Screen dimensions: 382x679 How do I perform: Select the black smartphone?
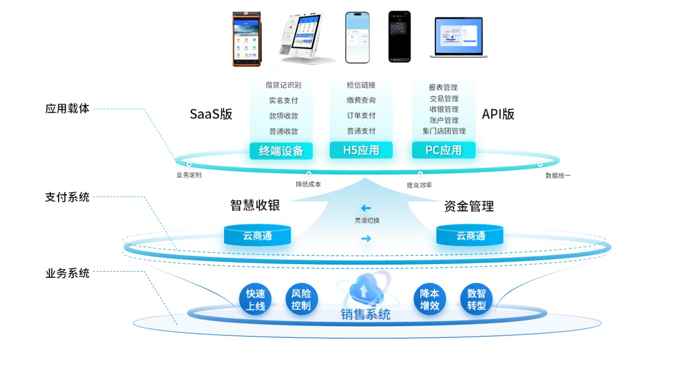point(399,37)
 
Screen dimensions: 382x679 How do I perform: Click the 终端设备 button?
point(281,151)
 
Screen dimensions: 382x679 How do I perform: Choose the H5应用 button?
point(361,150)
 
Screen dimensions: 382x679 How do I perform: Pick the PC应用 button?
point(444,150)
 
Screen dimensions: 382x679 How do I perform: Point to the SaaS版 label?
point(211,115)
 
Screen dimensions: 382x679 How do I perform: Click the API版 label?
point(498,114)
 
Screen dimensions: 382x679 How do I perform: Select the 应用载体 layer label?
point(67,109)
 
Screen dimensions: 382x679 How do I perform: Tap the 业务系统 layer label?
point(67,273)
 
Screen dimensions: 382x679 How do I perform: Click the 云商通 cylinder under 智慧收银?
point(257,235)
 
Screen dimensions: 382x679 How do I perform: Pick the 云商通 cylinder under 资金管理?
point(471,235)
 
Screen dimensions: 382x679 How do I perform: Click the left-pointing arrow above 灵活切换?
point(366,209)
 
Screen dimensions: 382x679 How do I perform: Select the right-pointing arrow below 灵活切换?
point(366,238)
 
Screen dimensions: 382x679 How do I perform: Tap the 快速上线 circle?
point(255,300)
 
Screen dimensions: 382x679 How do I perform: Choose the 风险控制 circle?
point(301,300)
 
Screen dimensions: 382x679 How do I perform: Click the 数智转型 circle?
point(476,300)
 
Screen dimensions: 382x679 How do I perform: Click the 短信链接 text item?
point(361,85)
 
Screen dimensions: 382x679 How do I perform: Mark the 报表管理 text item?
point(443,88)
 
